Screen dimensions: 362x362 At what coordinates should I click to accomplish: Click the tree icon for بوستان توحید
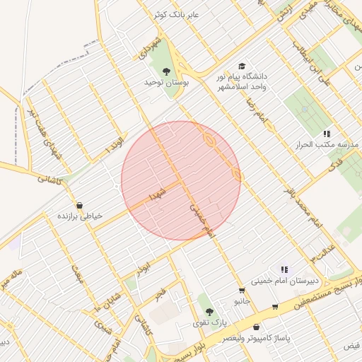point(166,71)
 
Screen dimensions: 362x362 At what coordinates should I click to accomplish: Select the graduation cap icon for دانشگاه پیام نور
point(243,65)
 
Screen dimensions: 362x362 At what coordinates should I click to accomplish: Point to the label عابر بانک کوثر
point(177,14)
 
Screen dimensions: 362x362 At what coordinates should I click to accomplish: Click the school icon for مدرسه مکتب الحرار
point(327,133)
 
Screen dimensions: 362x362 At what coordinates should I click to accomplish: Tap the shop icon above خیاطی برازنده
point(78,204)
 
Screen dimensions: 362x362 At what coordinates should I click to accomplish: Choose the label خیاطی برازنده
point(80,215)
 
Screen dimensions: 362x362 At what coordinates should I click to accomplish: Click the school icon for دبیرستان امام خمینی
point(284,269)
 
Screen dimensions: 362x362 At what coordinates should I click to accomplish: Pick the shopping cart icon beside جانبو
point(242,290)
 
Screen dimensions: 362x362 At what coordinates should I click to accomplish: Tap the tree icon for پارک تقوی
point(208,310)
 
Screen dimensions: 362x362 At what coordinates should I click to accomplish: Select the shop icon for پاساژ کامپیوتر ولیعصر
point(256,327)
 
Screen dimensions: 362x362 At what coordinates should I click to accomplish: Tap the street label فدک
point(330,167)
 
